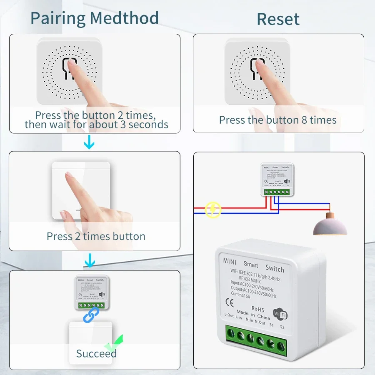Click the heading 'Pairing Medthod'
tap(95, 18)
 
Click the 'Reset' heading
tap(278, 19)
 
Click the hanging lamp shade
tap(330, 226)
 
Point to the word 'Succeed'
tap(96, 354)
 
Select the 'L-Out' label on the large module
tap(229, 315)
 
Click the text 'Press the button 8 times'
tap(278, 120)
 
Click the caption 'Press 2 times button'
tap(96, 236)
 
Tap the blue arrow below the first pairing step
tap(89, 144)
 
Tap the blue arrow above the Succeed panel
tap(89, 261)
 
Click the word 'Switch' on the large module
tap(275, 268)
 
